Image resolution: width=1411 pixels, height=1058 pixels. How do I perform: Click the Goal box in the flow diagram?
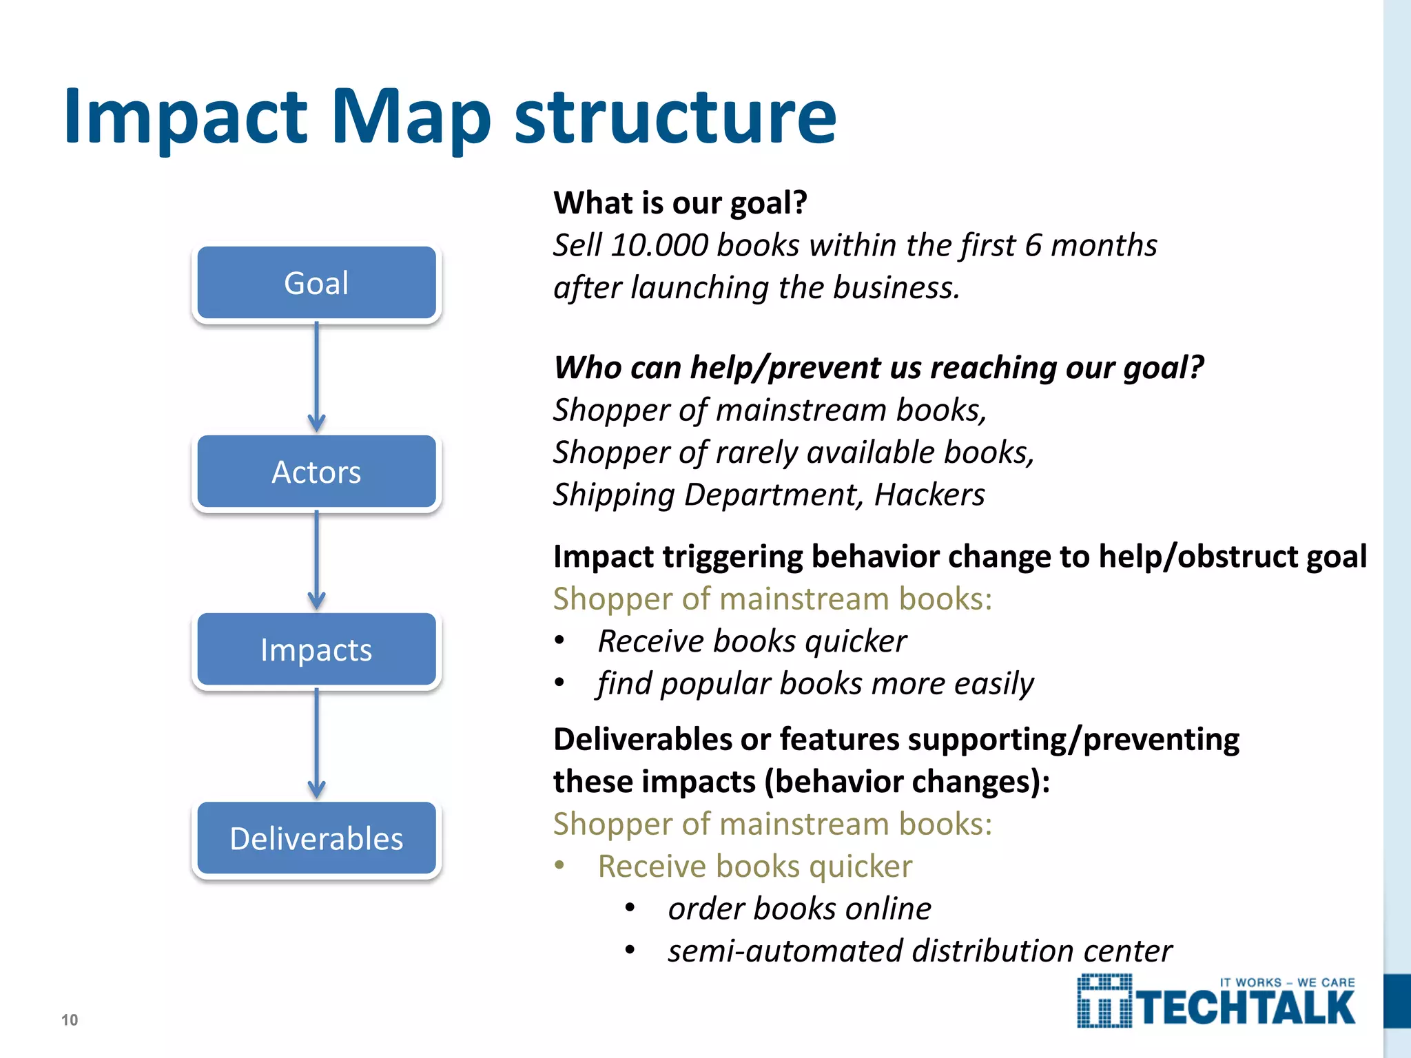click(x=316, y=283)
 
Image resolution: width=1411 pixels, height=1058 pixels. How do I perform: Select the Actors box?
click(x=316, y=473)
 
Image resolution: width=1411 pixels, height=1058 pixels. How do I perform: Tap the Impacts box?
click(x=316, y=650)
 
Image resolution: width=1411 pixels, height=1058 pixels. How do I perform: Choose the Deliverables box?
click(x=316, y=839)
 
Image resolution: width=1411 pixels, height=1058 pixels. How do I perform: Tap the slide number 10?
click(x=70, y=1020)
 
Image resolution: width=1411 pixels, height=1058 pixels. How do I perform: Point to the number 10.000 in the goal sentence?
click(x=659, y=245)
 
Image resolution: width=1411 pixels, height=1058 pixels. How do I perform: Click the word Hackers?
click(x=929, y=495)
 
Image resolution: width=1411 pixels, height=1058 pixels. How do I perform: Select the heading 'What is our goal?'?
click(x=680, y=203)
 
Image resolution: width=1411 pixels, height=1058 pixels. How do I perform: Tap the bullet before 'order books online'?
click(x=630, y=909)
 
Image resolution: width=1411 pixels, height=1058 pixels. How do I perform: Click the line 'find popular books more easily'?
click(x=815, y=684)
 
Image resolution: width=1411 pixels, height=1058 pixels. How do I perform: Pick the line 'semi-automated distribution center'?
click(x=919, y=951)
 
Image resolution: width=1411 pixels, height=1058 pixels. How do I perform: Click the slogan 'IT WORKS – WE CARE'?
click(x=1287, y=983)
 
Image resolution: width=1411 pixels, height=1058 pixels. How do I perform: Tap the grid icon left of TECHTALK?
click(x=1104, y=1002)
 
